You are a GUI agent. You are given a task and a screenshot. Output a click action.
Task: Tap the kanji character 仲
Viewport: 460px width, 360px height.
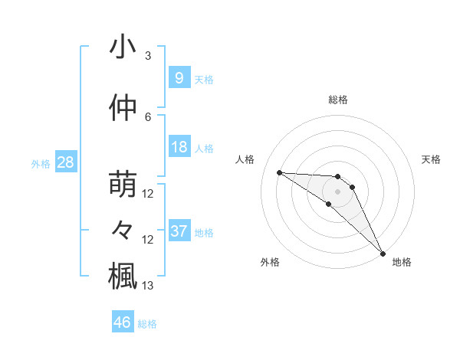click(123, 108)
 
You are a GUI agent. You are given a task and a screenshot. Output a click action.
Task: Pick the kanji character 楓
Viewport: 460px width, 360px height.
click(123, 275)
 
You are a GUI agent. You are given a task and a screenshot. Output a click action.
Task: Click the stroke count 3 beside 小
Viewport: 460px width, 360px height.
click(148, 56)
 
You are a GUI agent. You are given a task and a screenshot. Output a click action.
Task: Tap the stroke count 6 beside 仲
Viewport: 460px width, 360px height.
click(148, 117)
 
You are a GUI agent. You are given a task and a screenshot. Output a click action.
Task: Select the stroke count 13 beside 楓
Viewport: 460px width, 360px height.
click(148, 286)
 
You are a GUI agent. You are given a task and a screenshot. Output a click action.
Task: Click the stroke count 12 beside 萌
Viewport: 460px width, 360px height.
click(148, 194)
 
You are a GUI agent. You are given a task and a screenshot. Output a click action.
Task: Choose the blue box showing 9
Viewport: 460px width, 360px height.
click(179, 78)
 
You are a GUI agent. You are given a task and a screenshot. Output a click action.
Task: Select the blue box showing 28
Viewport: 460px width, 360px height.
click(65, 162)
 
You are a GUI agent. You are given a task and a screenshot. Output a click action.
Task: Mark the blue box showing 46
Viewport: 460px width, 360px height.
click(122, 323)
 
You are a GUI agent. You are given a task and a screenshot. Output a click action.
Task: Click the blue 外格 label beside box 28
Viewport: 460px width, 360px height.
click(41, 163)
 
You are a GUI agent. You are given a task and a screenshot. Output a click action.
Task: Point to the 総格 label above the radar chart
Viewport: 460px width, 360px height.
click(338, 100)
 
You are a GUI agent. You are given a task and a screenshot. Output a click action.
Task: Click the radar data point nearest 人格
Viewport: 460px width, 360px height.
click(279, 172)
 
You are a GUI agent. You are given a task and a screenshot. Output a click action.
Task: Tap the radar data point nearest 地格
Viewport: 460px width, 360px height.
click(383, 253)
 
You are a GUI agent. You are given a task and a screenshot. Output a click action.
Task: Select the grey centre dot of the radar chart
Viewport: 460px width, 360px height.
click(338, 191)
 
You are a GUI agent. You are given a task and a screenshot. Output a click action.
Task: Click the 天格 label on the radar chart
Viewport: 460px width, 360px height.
click(432, 159)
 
